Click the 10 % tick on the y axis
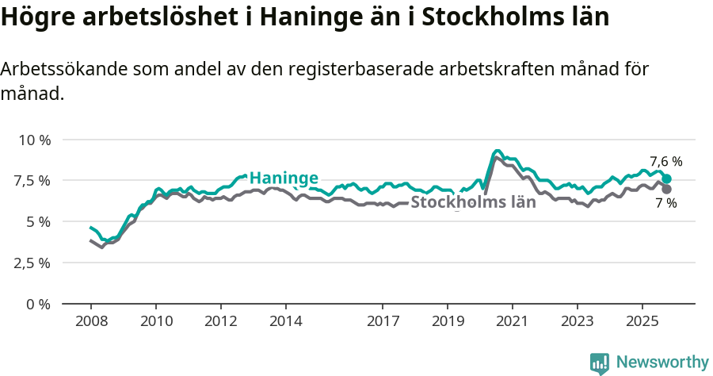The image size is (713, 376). point(34,140)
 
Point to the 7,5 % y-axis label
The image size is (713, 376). point(34,181)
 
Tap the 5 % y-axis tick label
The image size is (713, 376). point(39,221)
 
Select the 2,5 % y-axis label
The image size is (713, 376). point(34,263)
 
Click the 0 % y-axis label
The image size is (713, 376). point(39,304)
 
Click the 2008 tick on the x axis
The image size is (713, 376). point(91,321)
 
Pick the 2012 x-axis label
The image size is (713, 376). point(221,321)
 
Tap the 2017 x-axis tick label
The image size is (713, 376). point(383,321)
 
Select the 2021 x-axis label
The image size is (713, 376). point(513,321)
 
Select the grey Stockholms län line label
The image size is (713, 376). point(473,202)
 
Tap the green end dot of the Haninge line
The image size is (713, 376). point(667,179)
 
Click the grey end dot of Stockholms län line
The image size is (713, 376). point(667,189)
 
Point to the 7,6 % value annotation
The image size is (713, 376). point(665,162)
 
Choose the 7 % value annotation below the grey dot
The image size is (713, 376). point(665,204)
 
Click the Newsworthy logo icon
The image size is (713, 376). point(600,363)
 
